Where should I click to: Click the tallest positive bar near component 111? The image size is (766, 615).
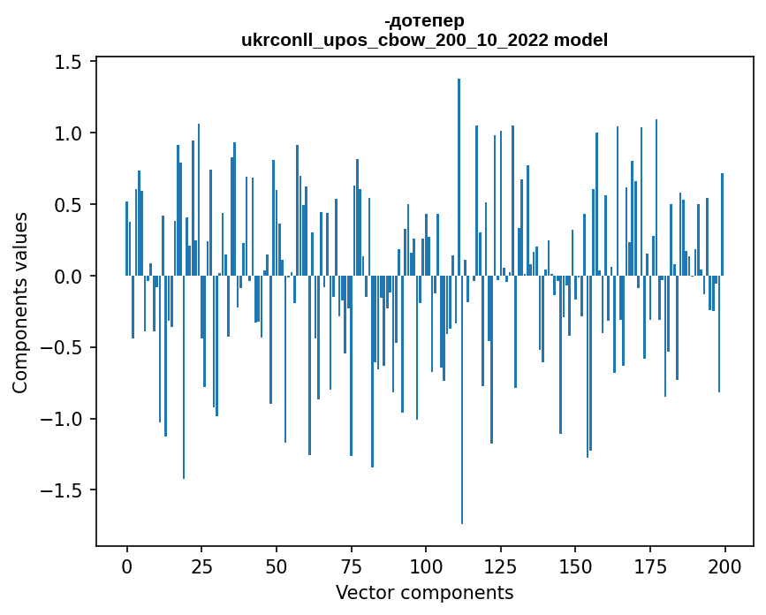(x=459, y=177)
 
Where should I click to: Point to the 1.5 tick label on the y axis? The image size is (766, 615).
(x=71, y=62)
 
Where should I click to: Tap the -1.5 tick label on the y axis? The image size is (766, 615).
(x=65, y=490)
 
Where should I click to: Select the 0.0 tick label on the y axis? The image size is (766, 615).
(x=71, y=277)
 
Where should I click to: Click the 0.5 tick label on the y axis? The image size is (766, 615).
(x=71, y=205)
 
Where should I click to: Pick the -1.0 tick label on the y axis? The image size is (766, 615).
(x=65, y=419)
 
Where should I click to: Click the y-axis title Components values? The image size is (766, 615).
(x=20, y=302)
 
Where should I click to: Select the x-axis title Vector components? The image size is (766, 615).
(x=424, y=592)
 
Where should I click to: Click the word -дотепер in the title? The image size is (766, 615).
(x=424, y=20)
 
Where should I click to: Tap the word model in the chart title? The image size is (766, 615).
(x=580, y=40)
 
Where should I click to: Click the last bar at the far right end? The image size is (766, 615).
(x=722, y=224)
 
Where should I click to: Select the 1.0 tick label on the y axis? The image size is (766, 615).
(x=71, y=133)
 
